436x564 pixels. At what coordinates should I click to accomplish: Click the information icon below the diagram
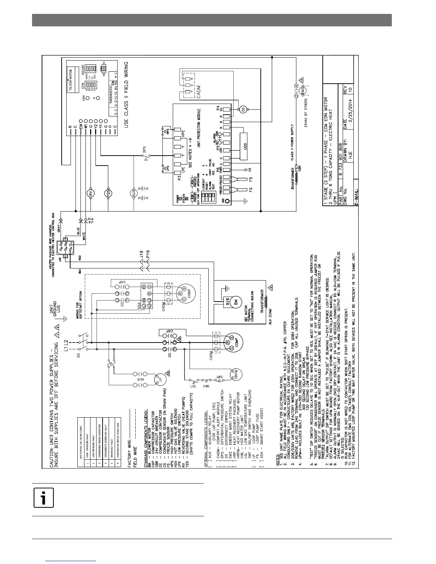click(x=43, y=498)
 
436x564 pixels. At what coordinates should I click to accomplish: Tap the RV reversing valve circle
click(x=90, y=193)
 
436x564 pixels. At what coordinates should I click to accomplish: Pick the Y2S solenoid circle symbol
click(x=109, y=193)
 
